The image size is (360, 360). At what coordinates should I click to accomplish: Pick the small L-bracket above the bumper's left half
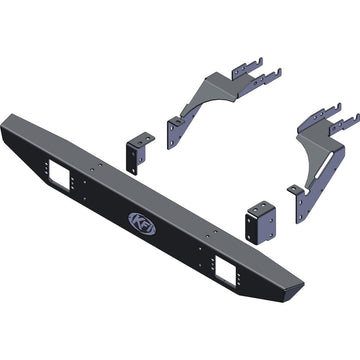[139, 154]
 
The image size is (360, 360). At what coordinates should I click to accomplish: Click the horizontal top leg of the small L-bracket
[143, 137]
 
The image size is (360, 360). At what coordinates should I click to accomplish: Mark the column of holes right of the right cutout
[245, 270]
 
